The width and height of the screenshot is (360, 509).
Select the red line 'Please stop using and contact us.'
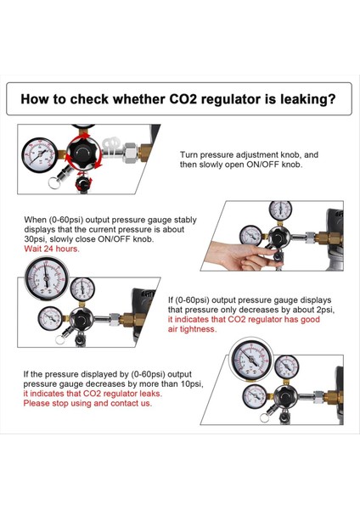pyautogui.click(x=87, y=404)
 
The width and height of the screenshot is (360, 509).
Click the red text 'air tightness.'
pyautogui.click(x=193, y=329)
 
